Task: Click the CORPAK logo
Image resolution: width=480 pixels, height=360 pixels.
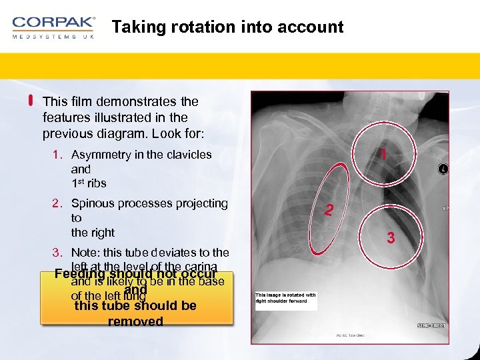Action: click(x=53, y=23)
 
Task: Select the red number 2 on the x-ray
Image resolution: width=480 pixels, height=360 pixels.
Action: click(x=328, y=211)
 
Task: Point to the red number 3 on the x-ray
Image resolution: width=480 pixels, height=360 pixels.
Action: click(x=391, y=237)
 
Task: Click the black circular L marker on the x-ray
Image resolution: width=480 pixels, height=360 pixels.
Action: click(x=443, y=169)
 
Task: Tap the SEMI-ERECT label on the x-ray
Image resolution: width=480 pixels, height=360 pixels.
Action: click(x=431, y=325)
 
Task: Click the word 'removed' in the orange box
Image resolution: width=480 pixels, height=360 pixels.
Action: click(x=135, y=321)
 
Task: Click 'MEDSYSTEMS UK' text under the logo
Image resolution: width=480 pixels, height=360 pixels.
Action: click(x=53, y=37)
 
